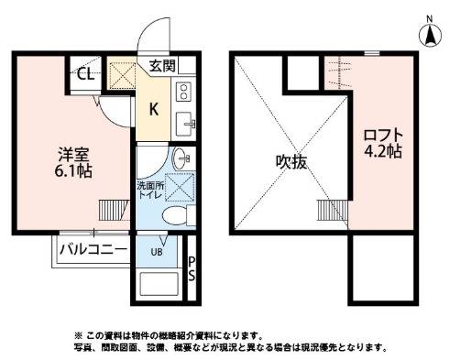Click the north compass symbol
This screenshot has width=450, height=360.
[427, 34]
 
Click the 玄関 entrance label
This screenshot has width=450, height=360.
[163, 66]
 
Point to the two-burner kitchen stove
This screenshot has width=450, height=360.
[182, 92]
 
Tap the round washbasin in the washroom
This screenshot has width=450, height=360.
[180, 155]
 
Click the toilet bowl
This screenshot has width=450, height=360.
[171, 215]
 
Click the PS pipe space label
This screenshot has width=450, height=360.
[192, 270]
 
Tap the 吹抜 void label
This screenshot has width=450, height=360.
[290, 161]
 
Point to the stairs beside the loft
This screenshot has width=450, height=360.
[333, 208]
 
